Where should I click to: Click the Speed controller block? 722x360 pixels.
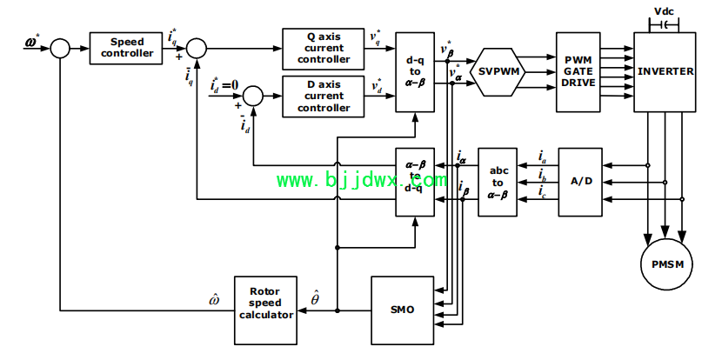[x=126, y=48]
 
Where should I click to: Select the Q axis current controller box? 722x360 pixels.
[x=324, y=49]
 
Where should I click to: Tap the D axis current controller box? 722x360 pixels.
[x=324, y=97]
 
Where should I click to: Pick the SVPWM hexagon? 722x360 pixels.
[x=499, y=72]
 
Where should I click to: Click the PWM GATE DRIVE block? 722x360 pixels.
[x=578, y=72]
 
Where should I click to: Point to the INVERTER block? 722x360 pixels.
[x=665, y=72]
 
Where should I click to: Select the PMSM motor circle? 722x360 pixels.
[x=666, y=264]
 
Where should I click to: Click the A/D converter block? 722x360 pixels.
[x=580, y=182]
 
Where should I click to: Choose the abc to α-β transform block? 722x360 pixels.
[x=498, y=182]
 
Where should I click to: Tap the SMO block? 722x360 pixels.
[x=403, y=310]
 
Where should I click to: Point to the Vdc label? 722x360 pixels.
[x=664, y=11]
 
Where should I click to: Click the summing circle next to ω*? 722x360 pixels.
[x=60, y=48]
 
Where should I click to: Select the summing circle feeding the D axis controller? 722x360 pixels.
[x=253, y=97]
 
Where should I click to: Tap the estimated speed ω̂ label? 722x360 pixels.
[x=214, y=300]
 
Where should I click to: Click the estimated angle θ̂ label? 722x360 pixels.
[x=316, y=298]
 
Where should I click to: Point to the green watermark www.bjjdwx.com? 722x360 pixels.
[x=362, y=180]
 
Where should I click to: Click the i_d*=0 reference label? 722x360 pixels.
[x=224, y=84]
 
